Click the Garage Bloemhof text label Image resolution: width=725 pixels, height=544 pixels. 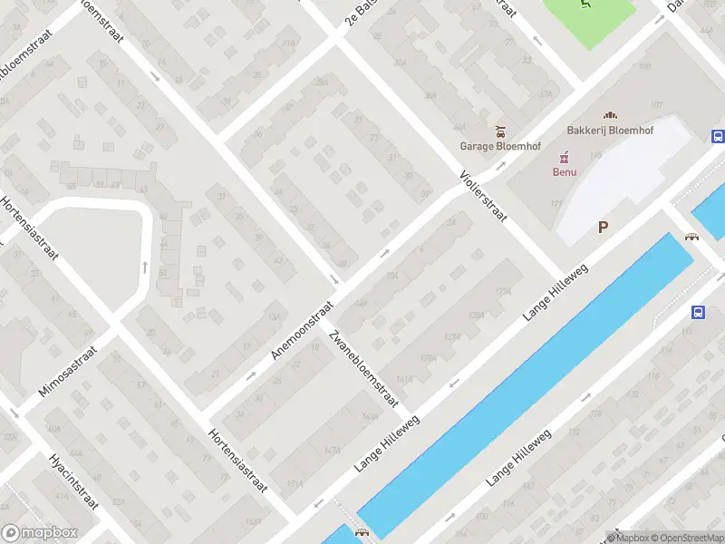coord(496,146)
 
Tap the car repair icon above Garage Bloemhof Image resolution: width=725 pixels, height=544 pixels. coord(498,131)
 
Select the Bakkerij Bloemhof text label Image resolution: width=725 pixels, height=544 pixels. coord(610,130)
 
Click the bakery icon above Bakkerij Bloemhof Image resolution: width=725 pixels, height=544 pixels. coord(610,115)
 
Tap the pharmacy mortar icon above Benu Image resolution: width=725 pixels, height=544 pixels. coord(565,156)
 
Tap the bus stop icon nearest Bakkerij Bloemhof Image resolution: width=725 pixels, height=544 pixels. coord(718,137)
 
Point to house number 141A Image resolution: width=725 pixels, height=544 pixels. coord(404,380)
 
